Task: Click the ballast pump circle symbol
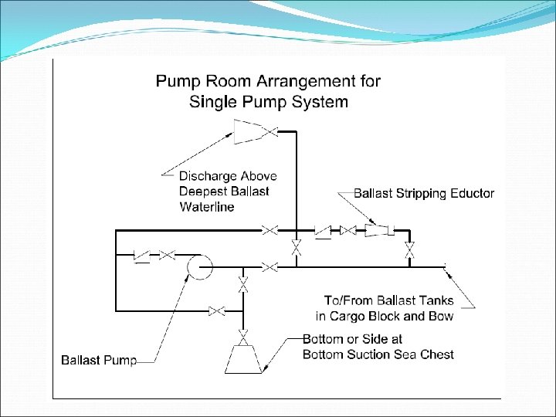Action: pyautogui.click(x=199, y=267)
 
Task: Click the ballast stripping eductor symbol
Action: pyautogui.click(x=378, y=230)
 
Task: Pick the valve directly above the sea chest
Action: pyautogui.click(x=243, y=337)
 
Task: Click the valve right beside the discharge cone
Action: pyautogui.click(x=270, y=132)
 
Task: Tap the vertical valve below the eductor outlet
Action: pyautogui.click(x=410, y=249)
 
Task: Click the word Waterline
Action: pyautogui.click(x=206, y=206)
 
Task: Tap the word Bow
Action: pyautogui.click(x=441, y=315)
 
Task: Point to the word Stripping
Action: pyautogui.click(x=420, y=193)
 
